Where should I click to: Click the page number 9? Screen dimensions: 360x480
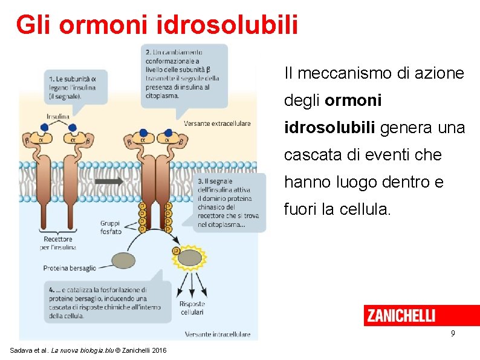tap(453, 333)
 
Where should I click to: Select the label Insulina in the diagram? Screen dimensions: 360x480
tap(58, 116)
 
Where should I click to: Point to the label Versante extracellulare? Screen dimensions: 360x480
tap(217, 124)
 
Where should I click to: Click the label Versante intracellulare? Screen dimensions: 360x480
tap(217, 334)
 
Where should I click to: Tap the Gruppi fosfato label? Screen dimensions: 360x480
tap(111, 227)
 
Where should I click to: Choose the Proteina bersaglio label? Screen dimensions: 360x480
tap(70, 267)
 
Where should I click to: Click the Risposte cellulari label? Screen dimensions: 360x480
tap(192, 308)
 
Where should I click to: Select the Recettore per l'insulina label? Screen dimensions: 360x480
tap(58, 243)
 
